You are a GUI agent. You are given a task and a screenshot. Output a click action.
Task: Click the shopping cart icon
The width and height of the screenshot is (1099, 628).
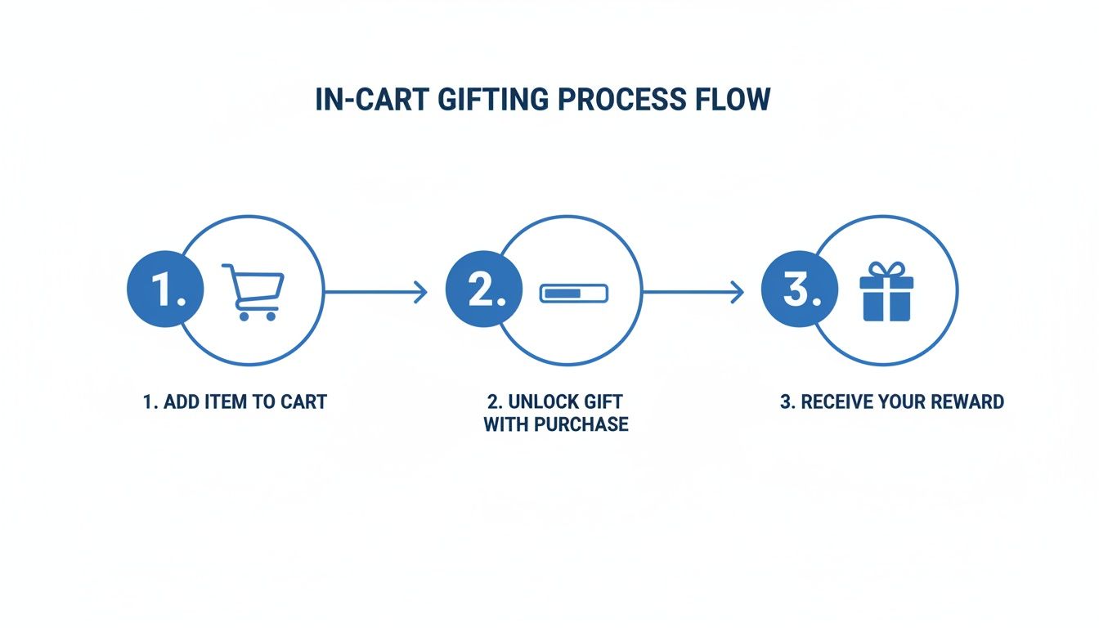[x=253, y=292]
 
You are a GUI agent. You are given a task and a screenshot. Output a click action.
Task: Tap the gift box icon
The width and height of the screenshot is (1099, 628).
[x=886, y=292]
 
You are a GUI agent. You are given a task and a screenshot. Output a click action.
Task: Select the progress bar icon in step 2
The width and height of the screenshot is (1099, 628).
[x=574, y=292]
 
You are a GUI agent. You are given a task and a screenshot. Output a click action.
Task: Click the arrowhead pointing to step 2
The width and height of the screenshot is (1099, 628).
[x=421, y=291]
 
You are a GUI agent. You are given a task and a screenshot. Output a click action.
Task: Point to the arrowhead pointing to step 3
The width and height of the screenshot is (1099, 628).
[x=738, y=291]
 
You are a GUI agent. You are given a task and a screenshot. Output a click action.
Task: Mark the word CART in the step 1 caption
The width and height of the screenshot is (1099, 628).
[x=303, y=401]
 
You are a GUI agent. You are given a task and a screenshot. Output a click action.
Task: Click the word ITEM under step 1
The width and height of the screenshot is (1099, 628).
[x=221, y=401]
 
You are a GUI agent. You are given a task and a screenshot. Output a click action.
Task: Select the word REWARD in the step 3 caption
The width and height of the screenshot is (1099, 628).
[x=966, y=401]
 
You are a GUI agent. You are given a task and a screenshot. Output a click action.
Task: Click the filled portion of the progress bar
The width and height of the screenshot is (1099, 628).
[x=561, y=292]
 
